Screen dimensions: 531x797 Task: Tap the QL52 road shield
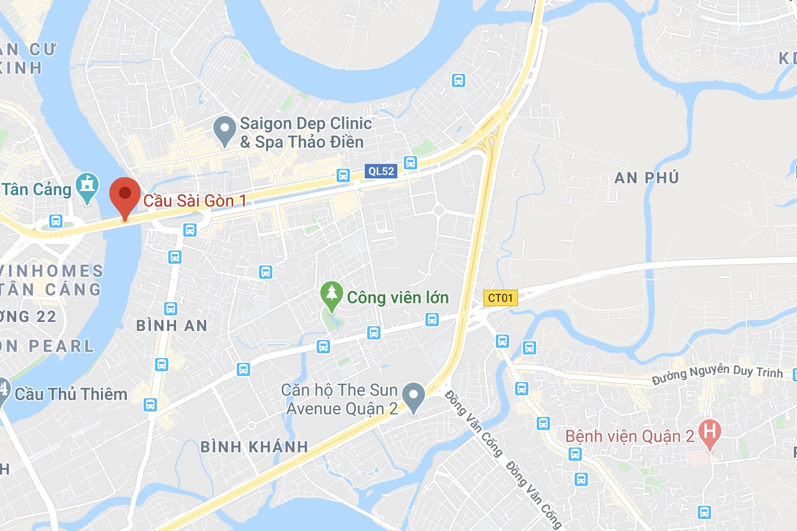click(381, 172)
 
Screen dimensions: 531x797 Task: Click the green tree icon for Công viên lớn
click(331, 296)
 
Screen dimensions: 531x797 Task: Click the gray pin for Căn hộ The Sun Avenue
click(413, 396)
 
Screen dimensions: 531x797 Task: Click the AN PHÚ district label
click(647, 178)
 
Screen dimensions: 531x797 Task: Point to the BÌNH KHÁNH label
click(254, 447)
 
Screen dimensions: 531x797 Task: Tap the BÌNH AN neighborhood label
click(171, 326)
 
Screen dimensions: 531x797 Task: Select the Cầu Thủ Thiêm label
click(71, 394)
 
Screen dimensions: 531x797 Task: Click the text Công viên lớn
click(398, 297)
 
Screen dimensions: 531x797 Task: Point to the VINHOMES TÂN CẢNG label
click(51, 280)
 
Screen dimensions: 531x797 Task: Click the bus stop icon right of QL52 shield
click(411, 162)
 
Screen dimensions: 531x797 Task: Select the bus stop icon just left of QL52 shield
click(343, 175)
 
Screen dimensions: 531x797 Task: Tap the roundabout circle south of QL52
click(439, 210)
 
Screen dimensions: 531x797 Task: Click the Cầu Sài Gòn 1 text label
click(195, 200)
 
